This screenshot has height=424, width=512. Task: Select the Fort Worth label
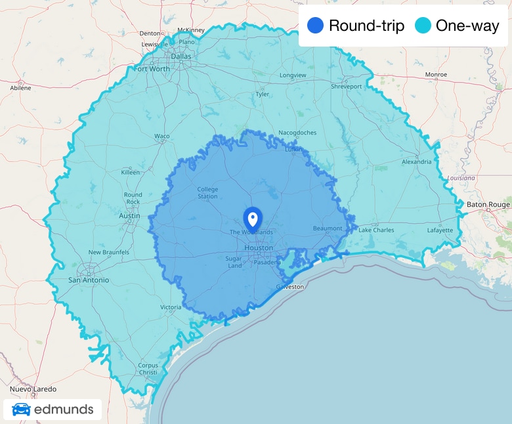coord(151,68)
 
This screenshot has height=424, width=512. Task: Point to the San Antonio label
coord(89,280)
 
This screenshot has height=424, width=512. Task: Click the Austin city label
coord(129,215)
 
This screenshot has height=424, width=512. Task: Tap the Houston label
coord(259,248)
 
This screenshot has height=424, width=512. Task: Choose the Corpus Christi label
coord(148,368)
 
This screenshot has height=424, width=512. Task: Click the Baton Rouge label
coord(488,205)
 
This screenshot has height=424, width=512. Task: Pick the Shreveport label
coord(346,87)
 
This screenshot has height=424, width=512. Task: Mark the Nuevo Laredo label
coord(33,389)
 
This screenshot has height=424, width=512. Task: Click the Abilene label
coord(20,87)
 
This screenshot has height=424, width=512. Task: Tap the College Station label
coord(207,193)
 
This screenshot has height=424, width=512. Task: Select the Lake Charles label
coord(376,230)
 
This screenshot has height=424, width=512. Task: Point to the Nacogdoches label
coord(297,133)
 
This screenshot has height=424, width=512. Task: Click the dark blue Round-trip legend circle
coord(316,26)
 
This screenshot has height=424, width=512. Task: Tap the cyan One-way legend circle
coord(423,26)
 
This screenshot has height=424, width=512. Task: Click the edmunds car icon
coord(21,410)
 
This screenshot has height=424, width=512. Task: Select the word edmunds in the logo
coord(64,410)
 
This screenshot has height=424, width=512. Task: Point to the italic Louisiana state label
coord(461,178)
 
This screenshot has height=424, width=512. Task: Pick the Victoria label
coord(170,307)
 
